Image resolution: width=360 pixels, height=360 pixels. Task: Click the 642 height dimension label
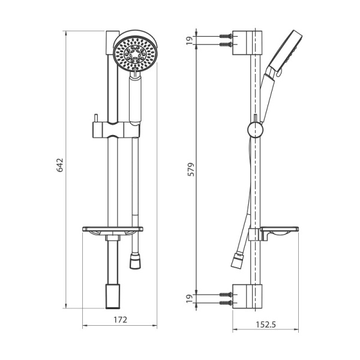tap(60, 166)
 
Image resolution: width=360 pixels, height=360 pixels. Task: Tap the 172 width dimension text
tap(120, 320)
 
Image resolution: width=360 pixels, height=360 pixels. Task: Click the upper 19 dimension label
tap(189, 40)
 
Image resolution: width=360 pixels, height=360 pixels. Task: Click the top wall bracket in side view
tap(248, 40)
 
